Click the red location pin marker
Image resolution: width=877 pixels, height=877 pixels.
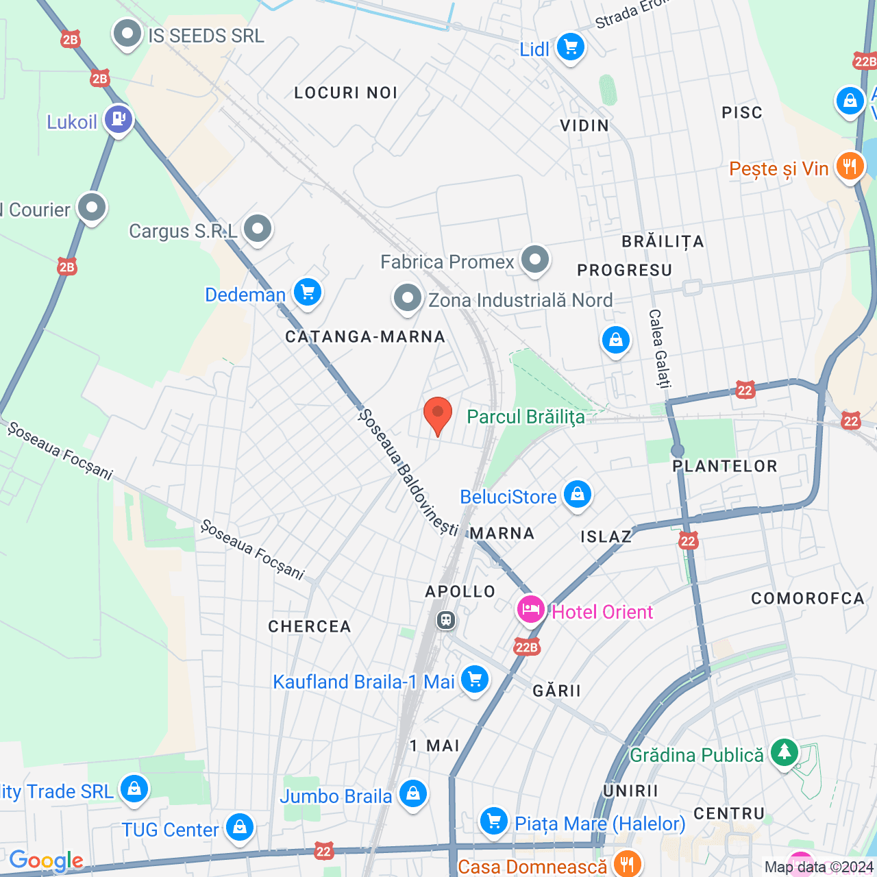437,415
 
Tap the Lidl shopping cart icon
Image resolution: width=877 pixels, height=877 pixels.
570,47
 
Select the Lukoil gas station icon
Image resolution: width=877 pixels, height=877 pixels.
119,119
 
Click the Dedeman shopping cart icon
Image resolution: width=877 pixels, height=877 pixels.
308,293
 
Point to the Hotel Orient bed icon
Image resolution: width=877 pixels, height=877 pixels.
530,609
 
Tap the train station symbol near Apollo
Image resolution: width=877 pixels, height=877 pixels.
446,621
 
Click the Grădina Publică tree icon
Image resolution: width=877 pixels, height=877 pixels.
784,752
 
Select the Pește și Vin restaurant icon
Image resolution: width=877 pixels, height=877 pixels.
850,166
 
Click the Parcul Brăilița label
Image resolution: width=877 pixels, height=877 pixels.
526,417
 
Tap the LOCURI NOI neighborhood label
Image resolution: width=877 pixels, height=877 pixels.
346,92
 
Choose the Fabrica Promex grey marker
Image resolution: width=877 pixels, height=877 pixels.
534,260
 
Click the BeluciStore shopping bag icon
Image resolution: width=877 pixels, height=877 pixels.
577,494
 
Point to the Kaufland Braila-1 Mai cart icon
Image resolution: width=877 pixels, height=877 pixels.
474,680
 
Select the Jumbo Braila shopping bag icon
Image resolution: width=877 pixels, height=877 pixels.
412,793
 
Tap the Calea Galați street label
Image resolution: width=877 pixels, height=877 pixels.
659,348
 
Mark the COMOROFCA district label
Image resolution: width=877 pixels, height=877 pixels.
807,598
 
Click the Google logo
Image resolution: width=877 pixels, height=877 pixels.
46,861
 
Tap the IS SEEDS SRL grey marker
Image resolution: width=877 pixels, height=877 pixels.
127,33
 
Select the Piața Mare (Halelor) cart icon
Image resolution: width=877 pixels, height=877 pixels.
493,821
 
